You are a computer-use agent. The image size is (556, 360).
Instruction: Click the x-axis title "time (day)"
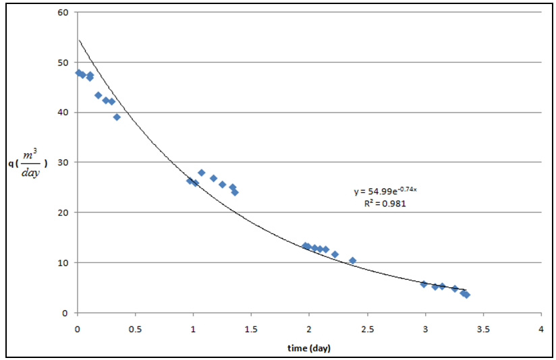pyautogui.click(x=308, y=348)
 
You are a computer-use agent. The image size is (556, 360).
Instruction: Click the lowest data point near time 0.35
pyautogui.click(x=117, y=117)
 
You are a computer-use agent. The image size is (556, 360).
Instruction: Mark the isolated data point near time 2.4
pyautogui.click(x=352, y=260)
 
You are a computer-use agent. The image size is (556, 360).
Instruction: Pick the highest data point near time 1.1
pyautogui.click(x=201, y=173)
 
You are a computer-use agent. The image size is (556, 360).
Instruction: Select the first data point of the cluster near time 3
pyautogui.click(x=424, y=284)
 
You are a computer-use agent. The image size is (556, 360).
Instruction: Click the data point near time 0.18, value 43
pyautogui.click(x=98, y=95)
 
